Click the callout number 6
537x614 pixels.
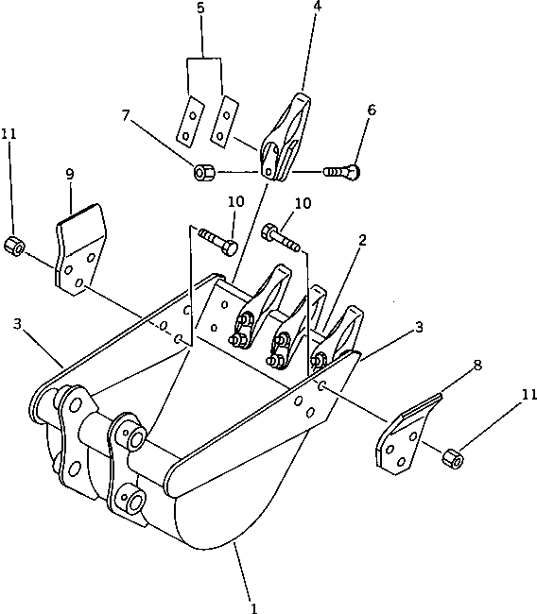click(x=371, y=110)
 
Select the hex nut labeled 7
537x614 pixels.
click(x=203, y=173)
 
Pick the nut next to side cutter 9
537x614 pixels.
click(x=14, y=246)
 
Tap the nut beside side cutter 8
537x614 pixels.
click(x=454, y=460)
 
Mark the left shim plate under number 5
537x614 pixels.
click(x=191, y=121)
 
